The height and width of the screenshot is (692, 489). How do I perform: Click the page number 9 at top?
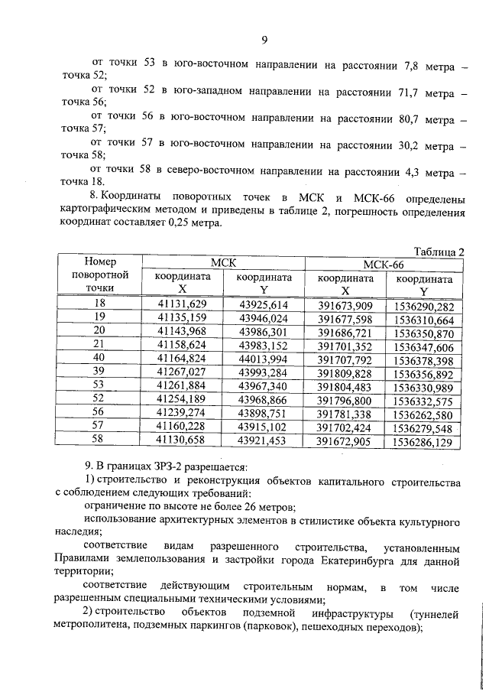click(264, 41)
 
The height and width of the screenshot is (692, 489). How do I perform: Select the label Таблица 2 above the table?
click(439, 250)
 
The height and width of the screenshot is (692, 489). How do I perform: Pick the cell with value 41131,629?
click(182, 303)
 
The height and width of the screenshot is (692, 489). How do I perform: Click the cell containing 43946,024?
click(263, 317)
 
